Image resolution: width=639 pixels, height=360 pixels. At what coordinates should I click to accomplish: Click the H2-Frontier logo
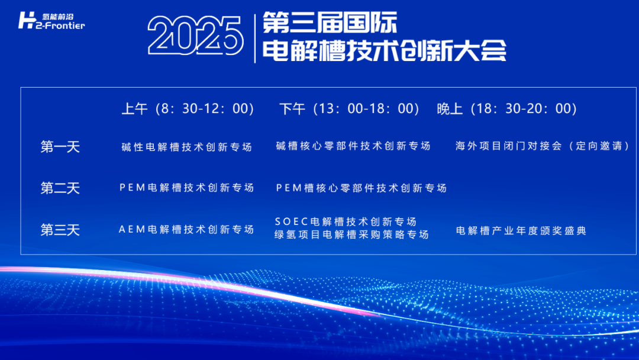51,21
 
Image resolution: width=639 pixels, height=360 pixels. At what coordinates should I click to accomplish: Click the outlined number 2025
196,36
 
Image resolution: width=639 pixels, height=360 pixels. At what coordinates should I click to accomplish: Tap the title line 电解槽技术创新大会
384,51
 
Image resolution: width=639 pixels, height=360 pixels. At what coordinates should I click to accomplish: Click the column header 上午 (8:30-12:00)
188,109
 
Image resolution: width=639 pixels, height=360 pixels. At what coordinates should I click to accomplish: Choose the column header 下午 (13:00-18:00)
349,109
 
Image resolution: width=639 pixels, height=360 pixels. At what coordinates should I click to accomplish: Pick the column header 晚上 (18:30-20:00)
506,109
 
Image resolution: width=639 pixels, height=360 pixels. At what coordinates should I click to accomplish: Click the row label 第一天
60,147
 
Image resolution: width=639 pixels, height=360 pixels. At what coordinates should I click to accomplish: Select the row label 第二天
60,188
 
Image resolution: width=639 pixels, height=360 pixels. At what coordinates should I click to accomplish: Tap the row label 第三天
60,230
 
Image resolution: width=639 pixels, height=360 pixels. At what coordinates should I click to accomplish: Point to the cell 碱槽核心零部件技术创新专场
353,146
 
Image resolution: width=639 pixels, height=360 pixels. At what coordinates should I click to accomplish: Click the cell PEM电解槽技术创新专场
187,188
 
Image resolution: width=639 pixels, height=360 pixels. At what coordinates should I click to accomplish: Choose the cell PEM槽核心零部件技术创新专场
362,188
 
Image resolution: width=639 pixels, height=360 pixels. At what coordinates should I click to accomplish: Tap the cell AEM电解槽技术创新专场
187,230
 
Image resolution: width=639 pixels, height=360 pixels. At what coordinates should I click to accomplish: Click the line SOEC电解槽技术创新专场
346,222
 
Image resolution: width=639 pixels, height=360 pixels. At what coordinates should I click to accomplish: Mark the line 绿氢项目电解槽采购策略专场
351,234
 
